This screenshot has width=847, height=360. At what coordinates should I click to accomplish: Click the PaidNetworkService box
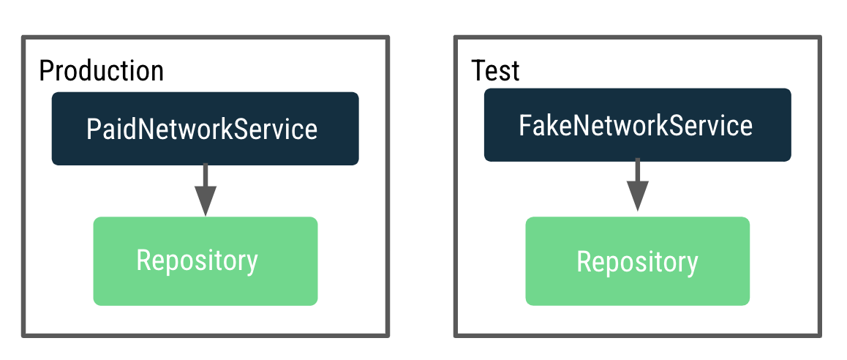coord(205,128)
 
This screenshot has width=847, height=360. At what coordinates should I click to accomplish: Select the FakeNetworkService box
coord(637,124)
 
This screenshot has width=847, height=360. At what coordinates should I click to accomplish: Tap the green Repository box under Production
coord(205,261)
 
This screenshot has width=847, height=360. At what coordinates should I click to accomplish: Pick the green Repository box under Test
coord(637,261)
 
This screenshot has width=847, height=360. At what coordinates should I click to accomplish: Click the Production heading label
coord(101,71)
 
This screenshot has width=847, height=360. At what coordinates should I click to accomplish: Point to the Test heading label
coord(495,71)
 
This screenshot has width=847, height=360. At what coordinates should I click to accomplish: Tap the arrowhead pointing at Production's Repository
coord(205,200)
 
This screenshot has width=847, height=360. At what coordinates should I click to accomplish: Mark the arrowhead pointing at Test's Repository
coord(637,196)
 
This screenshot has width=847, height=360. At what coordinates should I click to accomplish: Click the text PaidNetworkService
coord(202,130)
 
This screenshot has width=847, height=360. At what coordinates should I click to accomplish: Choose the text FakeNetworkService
coord(636,125)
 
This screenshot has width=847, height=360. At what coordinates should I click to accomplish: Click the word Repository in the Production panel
coord(197,260)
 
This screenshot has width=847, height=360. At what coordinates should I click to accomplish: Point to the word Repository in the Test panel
coord(637,262)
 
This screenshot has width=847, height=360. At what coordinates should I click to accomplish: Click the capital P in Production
coord(45,71)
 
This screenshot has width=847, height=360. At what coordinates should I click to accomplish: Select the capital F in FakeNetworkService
coord(524,125)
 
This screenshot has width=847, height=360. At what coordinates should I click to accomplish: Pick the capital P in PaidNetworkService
coord(92,130)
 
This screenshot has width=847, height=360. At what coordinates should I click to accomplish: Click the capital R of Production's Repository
coord(143,260)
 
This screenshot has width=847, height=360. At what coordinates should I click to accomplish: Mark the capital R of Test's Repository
coord(584,261)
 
